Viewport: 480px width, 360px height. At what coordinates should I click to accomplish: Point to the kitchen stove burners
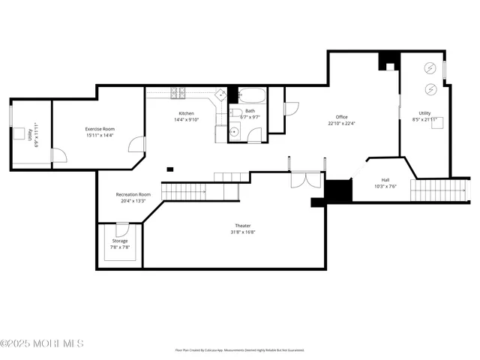[x=178, y=93]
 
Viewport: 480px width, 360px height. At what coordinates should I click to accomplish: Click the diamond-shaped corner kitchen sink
[x=222, y=94]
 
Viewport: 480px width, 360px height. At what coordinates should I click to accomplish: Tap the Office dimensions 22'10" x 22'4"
[x=341, y=124]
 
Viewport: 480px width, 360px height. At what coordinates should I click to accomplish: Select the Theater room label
[x=243, y=226]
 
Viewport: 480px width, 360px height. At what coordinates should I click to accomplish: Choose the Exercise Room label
[x=99, y=129]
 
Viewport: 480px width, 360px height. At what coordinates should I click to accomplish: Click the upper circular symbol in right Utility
[x=430, y=67]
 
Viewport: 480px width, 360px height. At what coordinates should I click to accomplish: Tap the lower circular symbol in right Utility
[x=430, y=89]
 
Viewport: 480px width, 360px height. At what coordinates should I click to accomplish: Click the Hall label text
[x=385, y=180]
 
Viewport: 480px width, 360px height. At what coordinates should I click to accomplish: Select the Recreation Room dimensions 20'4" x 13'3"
[x=130, y=201]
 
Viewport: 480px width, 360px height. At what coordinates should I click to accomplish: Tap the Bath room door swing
[x=256, y=136]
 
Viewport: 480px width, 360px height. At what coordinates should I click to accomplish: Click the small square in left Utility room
[x=19, y=133]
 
